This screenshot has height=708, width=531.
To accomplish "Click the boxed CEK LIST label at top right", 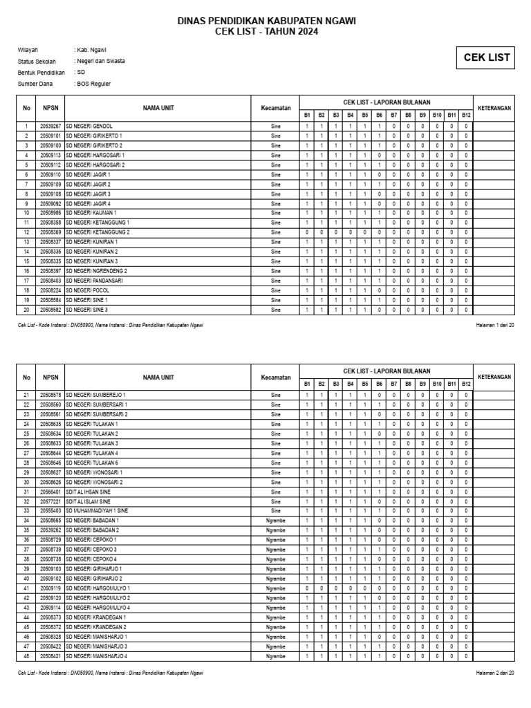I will coord(486,58).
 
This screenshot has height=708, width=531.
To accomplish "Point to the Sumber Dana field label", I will coord(35,84).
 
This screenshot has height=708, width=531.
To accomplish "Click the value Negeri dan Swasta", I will coord(101,61).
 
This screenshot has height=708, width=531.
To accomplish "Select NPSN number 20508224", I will coord(50,291).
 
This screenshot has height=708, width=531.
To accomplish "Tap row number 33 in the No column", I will coord(26,510).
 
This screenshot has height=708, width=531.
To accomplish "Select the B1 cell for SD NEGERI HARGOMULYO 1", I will coord(307,588).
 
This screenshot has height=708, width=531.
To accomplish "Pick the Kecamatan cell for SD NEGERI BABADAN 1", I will coord(275,520).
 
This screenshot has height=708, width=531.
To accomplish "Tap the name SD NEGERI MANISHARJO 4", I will coord(97,655).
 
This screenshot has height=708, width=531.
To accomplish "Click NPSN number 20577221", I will coord(50,501).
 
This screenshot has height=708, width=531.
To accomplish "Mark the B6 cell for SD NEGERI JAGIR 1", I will coord(380,175).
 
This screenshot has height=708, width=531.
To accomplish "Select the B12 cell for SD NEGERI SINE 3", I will coord(466,310).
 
